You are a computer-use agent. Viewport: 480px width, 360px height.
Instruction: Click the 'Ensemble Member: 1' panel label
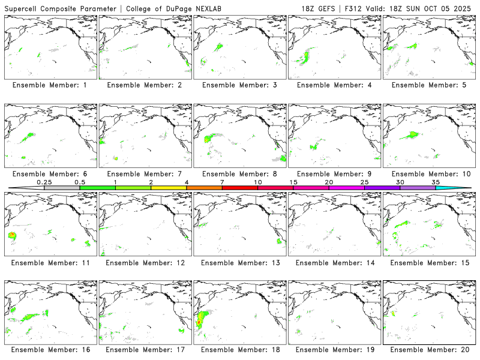49,85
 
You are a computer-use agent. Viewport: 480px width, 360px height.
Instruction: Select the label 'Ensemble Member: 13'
239,262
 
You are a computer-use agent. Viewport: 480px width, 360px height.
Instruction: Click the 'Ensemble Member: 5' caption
428,85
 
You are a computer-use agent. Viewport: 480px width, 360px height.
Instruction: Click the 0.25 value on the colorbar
44,181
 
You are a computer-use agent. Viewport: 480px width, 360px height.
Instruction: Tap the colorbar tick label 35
435,181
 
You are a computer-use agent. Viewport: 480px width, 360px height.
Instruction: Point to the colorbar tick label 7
222,181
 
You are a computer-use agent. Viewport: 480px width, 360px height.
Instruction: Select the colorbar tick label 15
293,181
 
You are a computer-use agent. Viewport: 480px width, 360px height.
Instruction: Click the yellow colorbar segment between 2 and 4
169,188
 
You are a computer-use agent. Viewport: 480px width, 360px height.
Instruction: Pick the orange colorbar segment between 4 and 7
204,188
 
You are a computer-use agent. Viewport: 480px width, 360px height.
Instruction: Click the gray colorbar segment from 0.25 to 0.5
62,188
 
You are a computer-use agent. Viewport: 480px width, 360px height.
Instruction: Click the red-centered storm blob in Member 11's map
12,236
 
